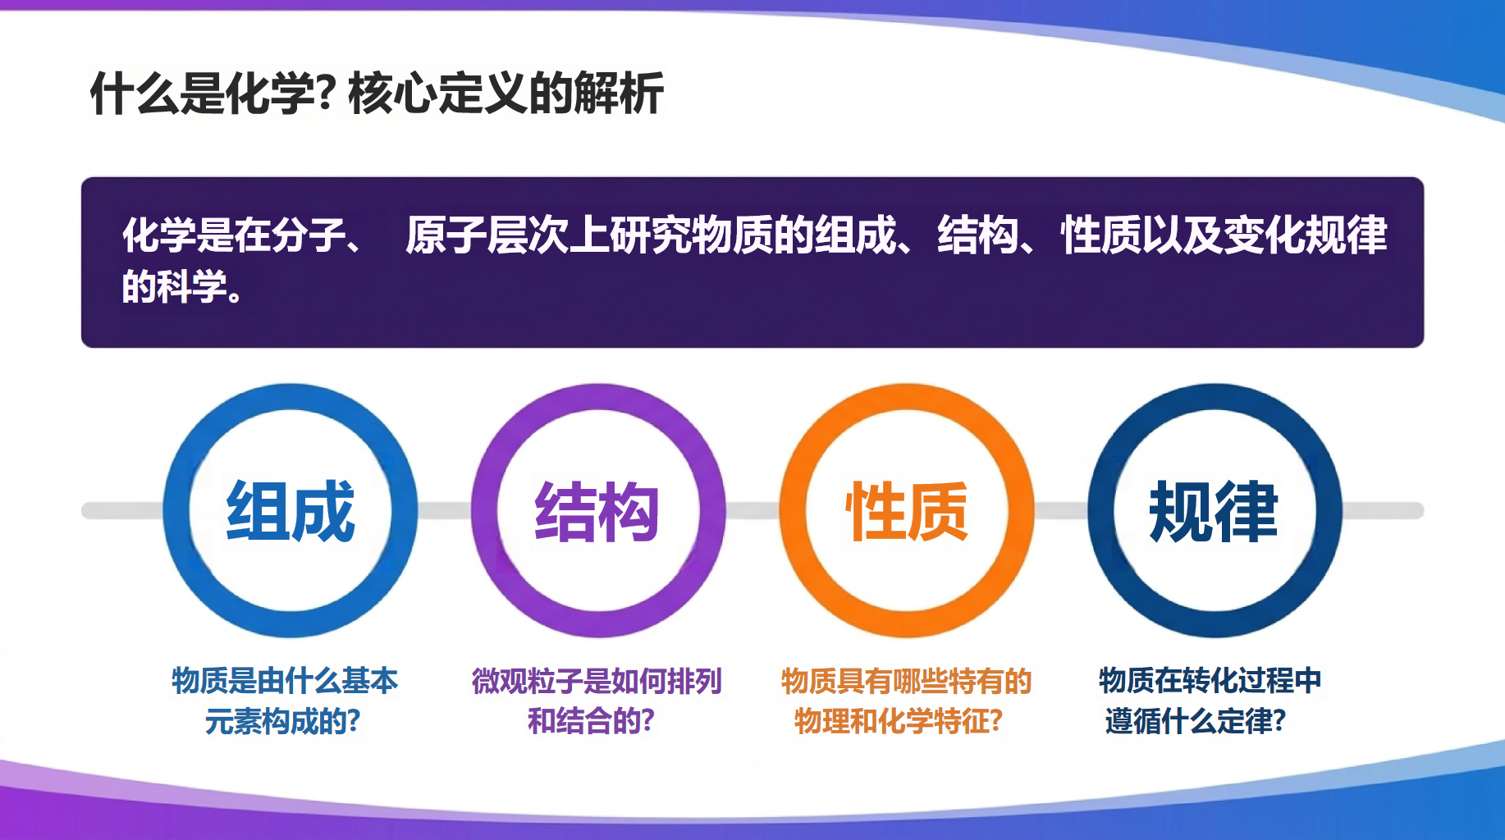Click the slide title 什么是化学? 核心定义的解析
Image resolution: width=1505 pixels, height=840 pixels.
377,93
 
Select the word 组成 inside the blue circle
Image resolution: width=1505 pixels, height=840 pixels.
290,511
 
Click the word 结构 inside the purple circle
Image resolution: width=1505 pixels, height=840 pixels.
597,511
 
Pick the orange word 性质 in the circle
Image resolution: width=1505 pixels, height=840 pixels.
907,511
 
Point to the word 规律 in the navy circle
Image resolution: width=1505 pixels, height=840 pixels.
1214,511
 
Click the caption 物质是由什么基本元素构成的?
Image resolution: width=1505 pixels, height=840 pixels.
284,701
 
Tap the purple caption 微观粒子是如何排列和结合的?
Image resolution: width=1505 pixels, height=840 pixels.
597,701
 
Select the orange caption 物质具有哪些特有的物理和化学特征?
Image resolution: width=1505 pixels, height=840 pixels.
906,701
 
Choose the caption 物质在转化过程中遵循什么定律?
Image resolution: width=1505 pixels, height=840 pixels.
1210,701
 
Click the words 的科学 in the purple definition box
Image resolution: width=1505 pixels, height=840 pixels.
174,287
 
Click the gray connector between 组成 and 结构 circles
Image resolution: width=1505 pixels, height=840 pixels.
444,511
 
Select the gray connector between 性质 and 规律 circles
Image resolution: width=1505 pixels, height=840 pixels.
1061,511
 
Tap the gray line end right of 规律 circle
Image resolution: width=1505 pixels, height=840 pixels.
1418,511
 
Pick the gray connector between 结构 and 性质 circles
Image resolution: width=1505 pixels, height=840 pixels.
752,511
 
